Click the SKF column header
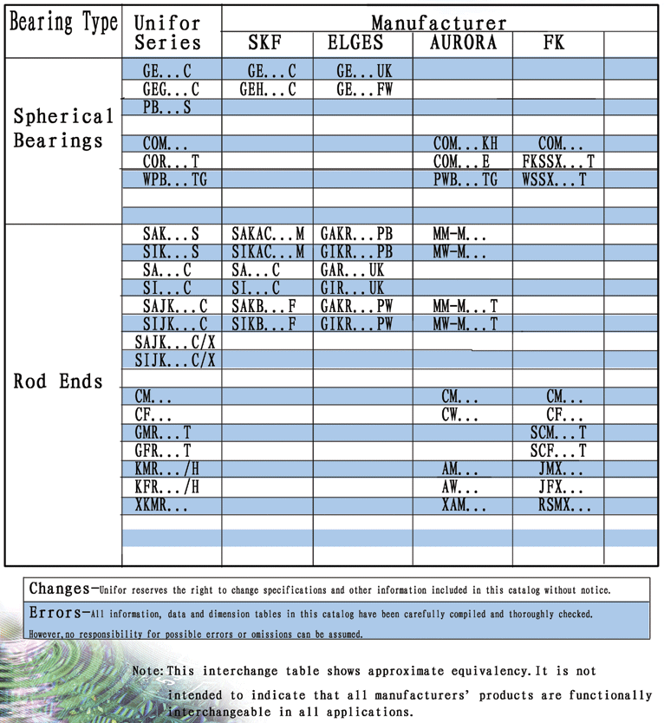pos(265,42)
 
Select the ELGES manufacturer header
pos(355,42)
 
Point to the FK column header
pos(554,42)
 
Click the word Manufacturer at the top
pos(439,22)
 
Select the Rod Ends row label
pos(58,381)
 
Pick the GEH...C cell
pos(267,89)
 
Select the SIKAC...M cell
pos(268,252)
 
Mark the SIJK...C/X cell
pos(175,360)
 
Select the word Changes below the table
pos(58,589)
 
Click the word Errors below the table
pos(55,612)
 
